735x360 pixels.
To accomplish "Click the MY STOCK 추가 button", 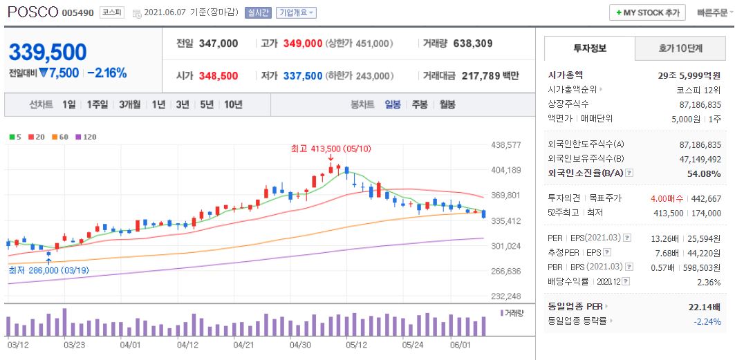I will click(x=646, y=12).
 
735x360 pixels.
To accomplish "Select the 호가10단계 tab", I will click(x=679, y=48).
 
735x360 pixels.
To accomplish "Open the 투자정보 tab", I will click(x=589, y=48).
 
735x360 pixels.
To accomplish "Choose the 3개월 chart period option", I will click(x=129, y=104).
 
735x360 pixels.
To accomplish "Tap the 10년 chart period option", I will click(x=232, y=104).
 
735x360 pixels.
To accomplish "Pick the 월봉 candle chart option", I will click(x=447, y=104).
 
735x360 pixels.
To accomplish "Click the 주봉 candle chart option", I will click(x=420, y=104).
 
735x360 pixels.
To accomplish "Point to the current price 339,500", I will click(x=48, y=52).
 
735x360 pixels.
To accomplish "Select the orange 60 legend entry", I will click(x=64, y=137).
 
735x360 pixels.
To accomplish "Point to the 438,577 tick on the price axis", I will click(x=505, y=145).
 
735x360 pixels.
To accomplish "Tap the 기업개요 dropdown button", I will click(x=296, y=12).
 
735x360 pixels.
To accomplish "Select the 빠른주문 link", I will click(x=713, y=12).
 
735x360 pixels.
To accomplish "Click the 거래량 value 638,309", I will click(x=473, y=44).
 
